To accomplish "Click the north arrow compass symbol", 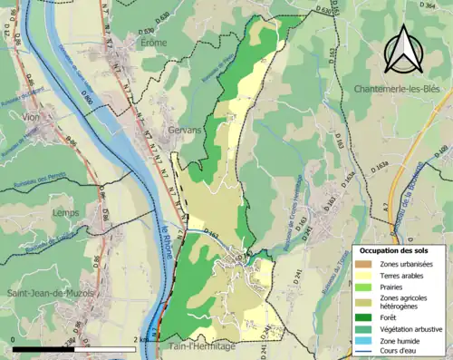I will tap(400, 49).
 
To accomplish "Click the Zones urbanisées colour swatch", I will tap(364, 263).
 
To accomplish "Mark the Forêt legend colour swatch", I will tap(364, 317).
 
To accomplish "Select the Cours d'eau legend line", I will tap(364, 354).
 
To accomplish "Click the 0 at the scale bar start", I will tap(13, 340).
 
